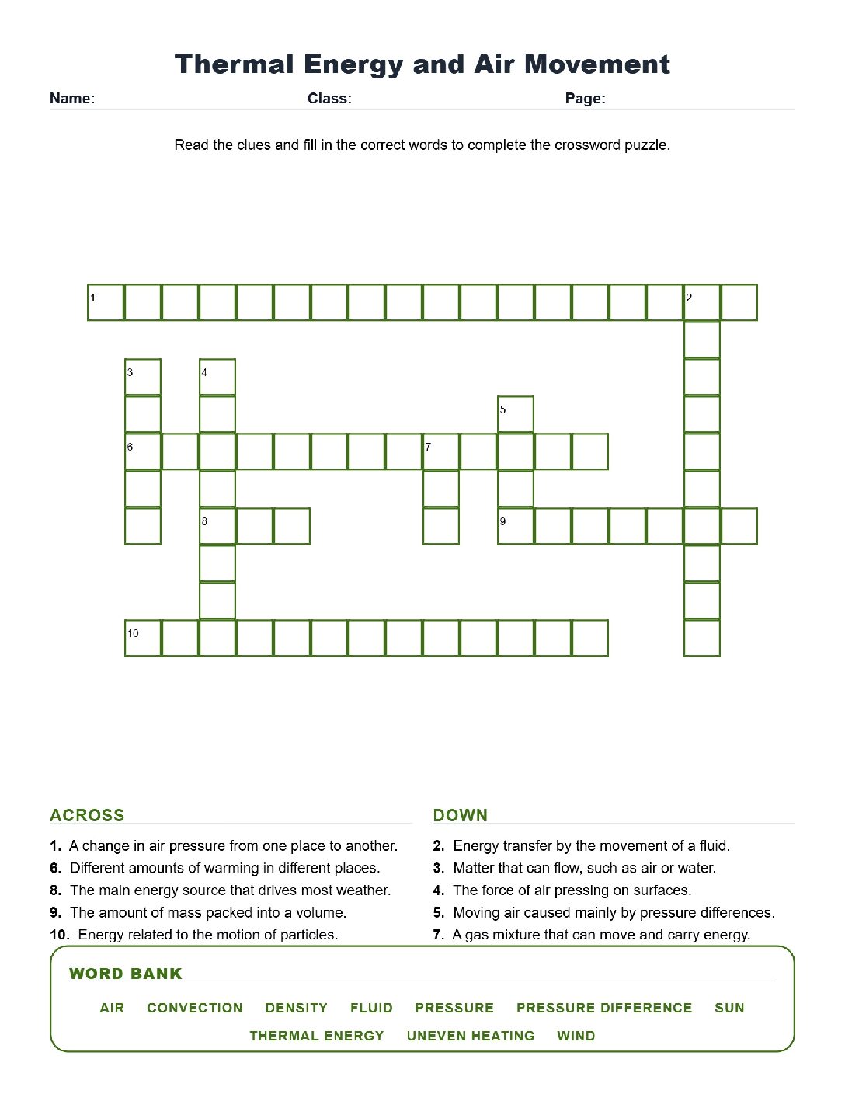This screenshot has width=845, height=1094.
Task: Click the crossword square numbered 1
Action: click(106, 302)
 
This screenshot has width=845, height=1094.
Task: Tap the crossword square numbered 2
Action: click(701, 302)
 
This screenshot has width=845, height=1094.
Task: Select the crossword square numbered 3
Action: click(143, 377)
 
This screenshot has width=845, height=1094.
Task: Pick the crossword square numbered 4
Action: click(217, 377)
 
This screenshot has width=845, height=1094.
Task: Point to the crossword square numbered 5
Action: click(516, 414)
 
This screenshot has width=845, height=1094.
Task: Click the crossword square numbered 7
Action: click(441, 451)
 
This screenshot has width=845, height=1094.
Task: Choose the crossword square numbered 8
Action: click(217, 525)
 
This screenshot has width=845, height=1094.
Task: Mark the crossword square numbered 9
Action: click(516, 525)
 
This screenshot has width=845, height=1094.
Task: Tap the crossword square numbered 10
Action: click(143, 637)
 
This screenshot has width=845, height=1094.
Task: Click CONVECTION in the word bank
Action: click(195, 1008)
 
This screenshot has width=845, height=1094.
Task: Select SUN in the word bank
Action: click(729, 1008)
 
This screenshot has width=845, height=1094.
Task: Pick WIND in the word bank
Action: click(576, 1035)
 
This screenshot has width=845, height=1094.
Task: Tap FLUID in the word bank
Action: click(371, 1008)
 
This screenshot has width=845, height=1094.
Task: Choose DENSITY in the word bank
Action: click(297, 1008)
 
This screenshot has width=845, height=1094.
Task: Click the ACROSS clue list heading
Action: click(87, 815)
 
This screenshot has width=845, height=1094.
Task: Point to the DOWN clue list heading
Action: click(460, 815)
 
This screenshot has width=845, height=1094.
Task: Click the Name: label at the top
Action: click(72, 98)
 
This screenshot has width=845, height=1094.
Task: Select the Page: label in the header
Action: click(585, 98)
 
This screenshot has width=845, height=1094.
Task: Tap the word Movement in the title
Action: click(597, 64)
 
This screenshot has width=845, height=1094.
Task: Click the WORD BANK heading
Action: click(125, 973)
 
